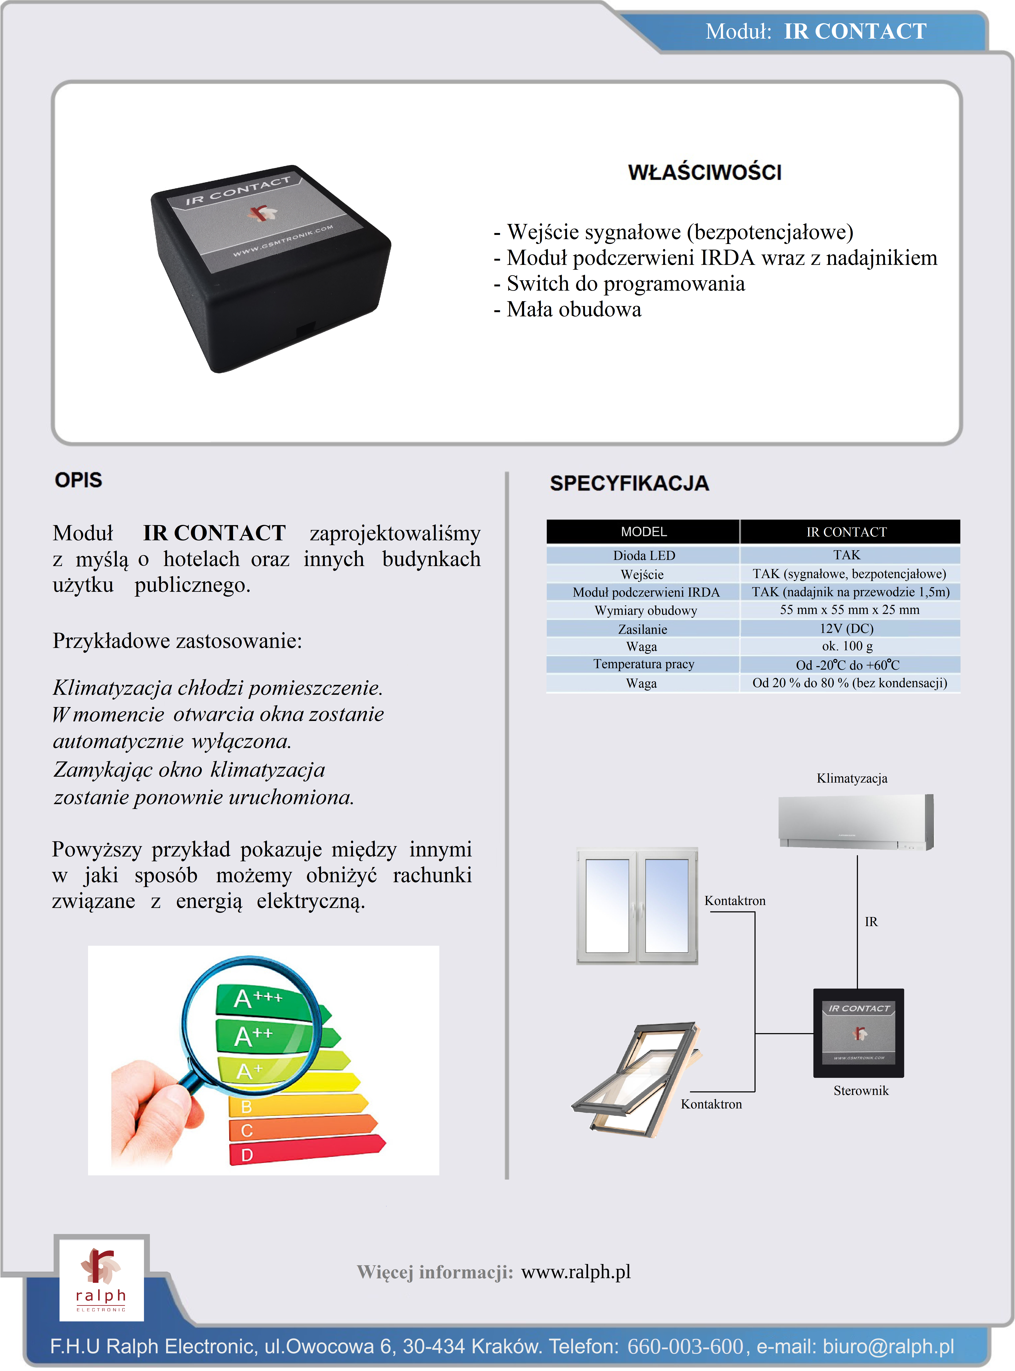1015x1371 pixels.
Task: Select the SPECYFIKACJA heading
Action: coord(629,483)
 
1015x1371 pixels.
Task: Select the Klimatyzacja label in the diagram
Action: coord(852,778)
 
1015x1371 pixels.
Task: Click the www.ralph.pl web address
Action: coord(576,1272)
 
